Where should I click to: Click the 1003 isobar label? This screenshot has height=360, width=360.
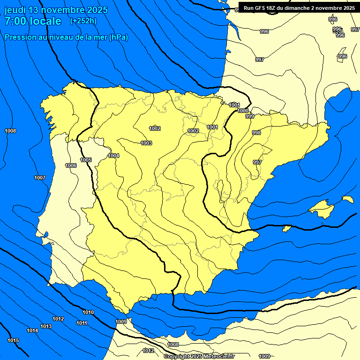click(146, 143)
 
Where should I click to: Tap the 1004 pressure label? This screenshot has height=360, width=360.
click(113, 156)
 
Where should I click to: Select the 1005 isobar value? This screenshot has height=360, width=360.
click(86, 160)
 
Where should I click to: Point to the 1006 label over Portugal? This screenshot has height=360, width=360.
click(71, 165)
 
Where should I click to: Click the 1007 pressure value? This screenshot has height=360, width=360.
click(40, 178)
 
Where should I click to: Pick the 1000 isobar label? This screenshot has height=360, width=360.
click(243, 111)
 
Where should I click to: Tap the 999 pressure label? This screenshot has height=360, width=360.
click(250, 116)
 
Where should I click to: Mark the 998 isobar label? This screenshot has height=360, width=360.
click(256, 133)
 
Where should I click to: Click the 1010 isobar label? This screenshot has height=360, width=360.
click(88, 312)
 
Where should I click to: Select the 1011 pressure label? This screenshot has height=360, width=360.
click(82, 323)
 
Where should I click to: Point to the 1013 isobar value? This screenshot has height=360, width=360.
click(46, 326)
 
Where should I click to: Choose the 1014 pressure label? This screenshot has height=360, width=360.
click(32, 330)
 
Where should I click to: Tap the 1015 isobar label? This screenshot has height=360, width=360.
click(13, 340)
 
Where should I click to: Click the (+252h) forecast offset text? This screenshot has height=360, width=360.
click(83, 21)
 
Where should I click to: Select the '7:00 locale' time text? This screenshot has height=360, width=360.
click(33, 21)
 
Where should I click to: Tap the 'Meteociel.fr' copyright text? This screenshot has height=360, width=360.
click(218, 356)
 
